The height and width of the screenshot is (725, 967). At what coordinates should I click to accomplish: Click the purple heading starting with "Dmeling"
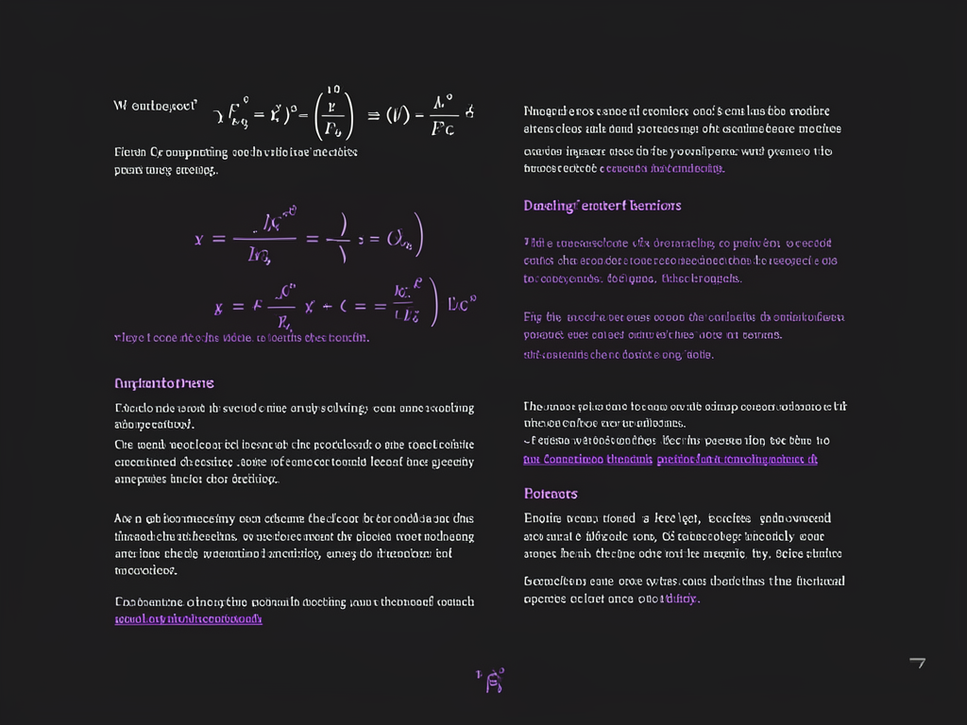[602, 206]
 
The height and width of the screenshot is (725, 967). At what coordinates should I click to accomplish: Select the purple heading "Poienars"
[551, 494]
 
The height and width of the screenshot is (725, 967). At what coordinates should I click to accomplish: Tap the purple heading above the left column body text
[163, 383]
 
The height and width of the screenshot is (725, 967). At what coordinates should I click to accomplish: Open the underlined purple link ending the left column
[188, 619]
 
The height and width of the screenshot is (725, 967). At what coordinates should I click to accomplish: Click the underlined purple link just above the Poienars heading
[670, 460]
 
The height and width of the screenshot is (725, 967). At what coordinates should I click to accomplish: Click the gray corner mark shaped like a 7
[916, 664]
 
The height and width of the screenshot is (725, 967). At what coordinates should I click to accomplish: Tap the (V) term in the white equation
[397, 115]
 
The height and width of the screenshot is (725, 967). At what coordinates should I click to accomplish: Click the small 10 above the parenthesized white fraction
[333, 90]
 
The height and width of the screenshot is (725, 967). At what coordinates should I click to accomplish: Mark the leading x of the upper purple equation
[199, 240]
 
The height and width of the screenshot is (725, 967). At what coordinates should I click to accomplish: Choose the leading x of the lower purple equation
[218, 308]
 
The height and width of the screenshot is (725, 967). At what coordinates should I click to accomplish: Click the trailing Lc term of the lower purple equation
[462, 304]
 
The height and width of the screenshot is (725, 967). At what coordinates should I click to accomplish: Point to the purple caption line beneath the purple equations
[241, 337]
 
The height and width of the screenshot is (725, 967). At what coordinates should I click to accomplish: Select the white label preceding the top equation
[154, 106]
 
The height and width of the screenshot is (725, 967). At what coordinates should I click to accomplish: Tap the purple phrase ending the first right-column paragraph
[662, 168]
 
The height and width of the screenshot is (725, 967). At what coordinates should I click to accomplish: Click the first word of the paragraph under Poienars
[542, 518]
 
